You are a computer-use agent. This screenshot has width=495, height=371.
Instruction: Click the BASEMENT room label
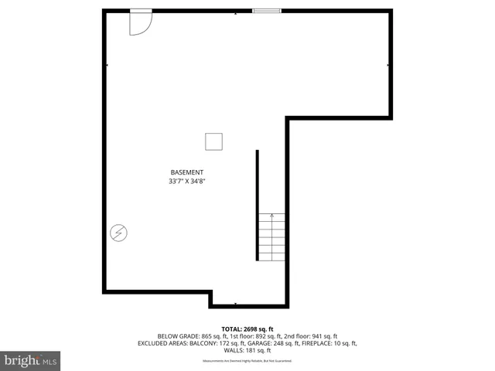click(187, 172)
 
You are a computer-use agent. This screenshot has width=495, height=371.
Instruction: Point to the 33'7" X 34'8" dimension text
click(187, 182)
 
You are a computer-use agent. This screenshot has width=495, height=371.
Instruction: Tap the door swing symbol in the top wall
click(140, 22)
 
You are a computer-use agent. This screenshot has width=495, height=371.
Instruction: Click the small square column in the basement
click(213, 141)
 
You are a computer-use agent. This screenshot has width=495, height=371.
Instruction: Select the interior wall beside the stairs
click(258, 206)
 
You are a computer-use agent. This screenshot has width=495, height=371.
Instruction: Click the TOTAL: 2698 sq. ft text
click(247, 328)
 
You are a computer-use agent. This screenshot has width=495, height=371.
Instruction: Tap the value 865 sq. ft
click(217, 336)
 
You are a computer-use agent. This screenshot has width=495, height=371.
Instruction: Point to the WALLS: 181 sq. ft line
click(247, 350)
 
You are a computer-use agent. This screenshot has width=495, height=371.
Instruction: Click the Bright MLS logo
click(31, 360)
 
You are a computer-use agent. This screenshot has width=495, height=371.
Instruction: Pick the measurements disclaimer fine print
click(247, 361)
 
